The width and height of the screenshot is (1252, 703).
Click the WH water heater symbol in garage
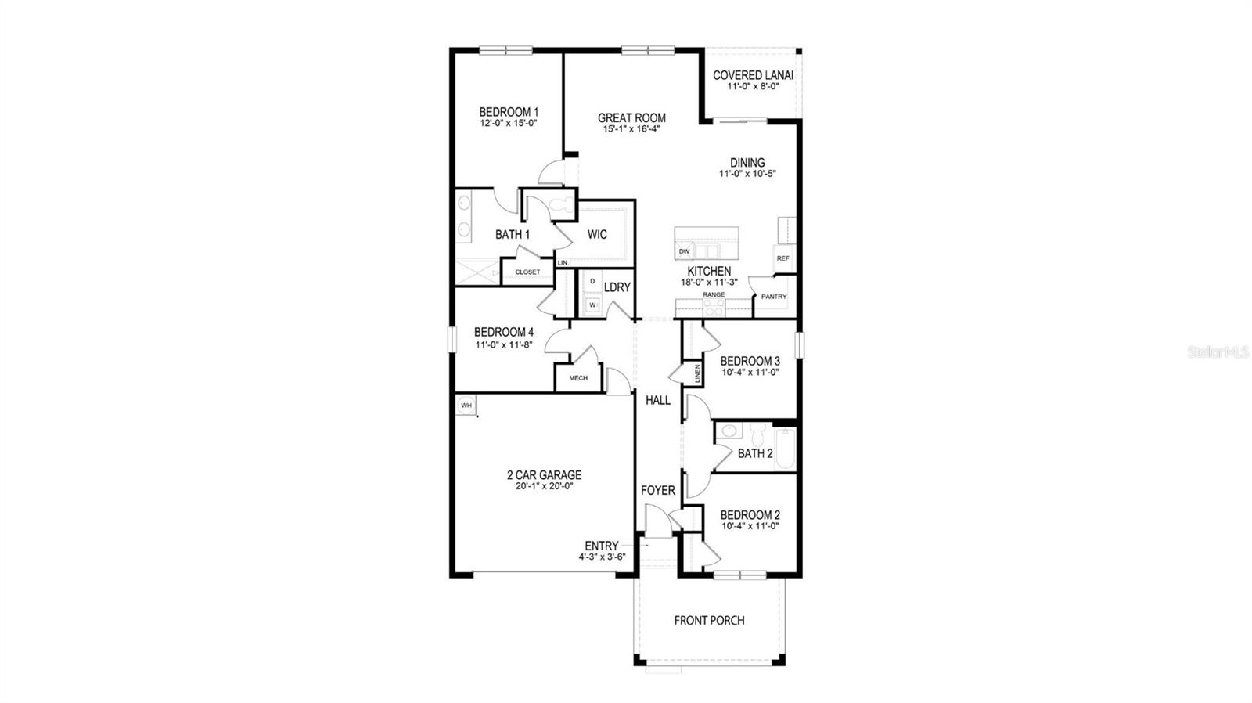pos(466,405)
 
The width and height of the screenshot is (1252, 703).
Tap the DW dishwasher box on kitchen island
pos(684,251)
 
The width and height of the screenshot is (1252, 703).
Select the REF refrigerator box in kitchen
pos(782,258)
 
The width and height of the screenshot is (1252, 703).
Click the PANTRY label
pos(774,297)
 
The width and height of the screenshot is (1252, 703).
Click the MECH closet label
pos(578,378)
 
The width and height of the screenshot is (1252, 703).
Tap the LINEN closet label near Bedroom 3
pos(696,374)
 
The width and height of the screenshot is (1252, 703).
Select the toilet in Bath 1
pos(559,206)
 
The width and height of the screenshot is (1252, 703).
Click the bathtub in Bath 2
pos(784,449)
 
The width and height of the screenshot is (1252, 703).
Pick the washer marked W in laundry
pos(592,305)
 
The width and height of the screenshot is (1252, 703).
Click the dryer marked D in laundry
pos(592,281)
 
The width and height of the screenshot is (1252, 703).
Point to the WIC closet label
pos(597,234)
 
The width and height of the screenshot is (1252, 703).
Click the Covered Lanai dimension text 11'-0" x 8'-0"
pos(753,87)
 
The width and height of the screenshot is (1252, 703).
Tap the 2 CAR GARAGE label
pos(544,475)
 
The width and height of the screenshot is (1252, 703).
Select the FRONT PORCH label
pos(709,621)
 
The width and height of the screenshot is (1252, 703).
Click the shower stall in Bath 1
pos(477,272)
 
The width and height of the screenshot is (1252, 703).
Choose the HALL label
pos(657,400)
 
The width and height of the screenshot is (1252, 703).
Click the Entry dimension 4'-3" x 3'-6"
pos(601,557)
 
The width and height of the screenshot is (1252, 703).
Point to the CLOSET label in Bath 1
pos(527,272)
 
